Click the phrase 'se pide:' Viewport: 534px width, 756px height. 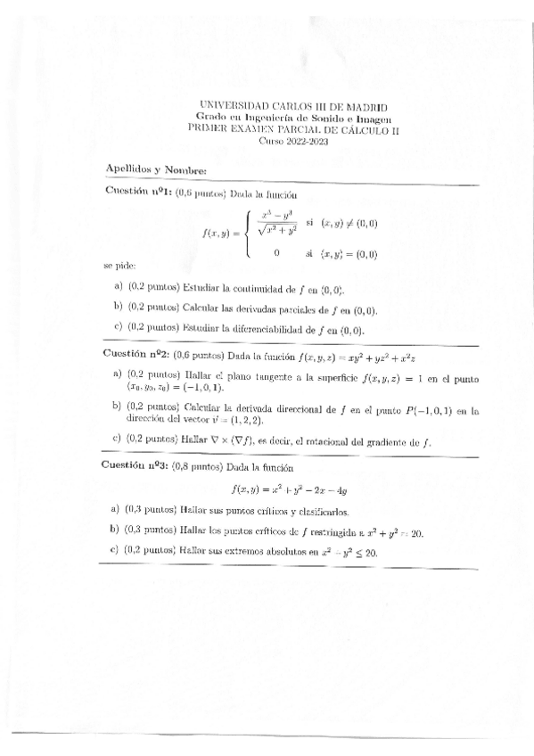(119, 267)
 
